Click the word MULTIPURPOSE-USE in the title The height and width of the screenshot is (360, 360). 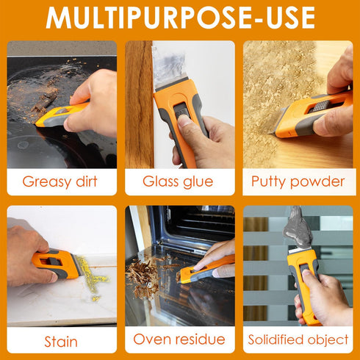tap(180, 18)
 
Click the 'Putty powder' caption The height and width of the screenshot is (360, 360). tap(298, 181)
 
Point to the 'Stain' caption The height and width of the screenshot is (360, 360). tap(62, 340)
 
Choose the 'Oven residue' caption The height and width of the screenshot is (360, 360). tap(179, 340)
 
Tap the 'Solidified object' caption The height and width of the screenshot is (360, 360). tap(298, 340)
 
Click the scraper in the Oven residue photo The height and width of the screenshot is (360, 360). tap(206, 270)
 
